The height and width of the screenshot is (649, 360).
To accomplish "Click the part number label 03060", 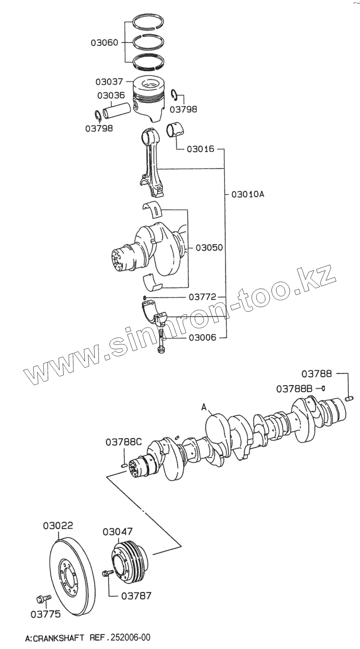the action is tap(104, 42).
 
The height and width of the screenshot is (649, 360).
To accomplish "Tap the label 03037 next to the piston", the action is tap(109, 82).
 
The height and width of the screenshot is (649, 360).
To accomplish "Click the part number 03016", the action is tap(200, 149).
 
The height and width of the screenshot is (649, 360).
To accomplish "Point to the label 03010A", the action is tap(248, 194).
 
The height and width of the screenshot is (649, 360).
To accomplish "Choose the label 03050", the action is tap(209, 247).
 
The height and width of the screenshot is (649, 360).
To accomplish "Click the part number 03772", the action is tap(202, 297).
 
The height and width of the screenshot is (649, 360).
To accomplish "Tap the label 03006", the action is tap(202, 337).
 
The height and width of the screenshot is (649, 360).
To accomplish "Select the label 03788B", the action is tap(294, 389).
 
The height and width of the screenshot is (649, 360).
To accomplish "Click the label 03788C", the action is tap(124, 442).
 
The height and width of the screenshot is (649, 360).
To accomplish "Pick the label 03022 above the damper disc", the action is tap(58, 526).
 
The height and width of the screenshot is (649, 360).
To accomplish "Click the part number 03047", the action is tap(117, 532).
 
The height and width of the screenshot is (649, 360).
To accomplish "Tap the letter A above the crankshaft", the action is tap(204, 406).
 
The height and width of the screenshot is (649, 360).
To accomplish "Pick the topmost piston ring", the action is tap(149, 22).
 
